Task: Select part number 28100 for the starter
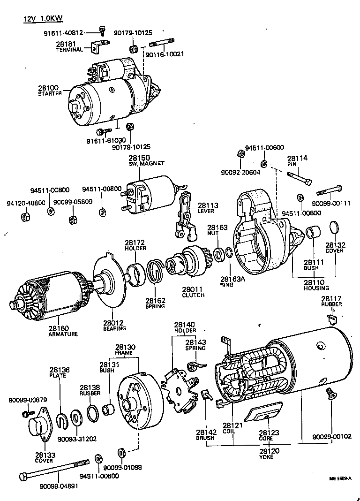tap(49, 88)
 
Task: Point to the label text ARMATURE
tap(63, 334)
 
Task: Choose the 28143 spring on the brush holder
tap(193, 364)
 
